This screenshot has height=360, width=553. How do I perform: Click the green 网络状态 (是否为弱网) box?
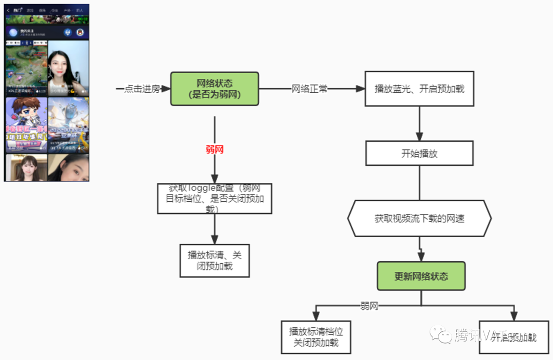click(x=215, y=89)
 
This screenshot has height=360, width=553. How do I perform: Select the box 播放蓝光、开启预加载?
click(x=419, y=89)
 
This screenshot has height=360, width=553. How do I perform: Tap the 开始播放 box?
click(x=419, y=154)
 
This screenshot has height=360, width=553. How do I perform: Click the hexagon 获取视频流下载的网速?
click(x=419, y=219)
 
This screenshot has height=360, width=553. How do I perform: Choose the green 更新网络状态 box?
click(x=421, y=277)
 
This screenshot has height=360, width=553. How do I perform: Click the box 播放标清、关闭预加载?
click(x=215, y=260)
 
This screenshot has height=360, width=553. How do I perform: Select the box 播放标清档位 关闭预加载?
click(x=316, y=337)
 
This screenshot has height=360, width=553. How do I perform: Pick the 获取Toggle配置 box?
click(x=215, y=199)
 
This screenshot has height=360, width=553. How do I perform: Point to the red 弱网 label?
click(x=215, y=150)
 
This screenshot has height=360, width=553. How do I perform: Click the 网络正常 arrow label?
click(x=309, y=89)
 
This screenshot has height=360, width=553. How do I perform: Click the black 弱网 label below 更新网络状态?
click(x=369, y=306)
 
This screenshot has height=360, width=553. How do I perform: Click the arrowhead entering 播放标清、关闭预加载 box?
click(x=215, y=239)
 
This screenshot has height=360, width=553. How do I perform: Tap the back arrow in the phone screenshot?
click(x=8, y=10)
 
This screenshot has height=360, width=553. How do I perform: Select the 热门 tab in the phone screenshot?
click(x=18, y=10)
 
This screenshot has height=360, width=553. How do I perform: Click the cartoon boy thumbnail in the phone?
click(x=26, y=124)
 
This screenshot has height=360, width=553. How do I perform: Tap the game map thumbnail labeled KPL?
click(x=26, y=68)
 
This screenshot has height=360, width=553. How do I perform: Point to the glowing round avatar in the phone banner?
click(x=13, y=32)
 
